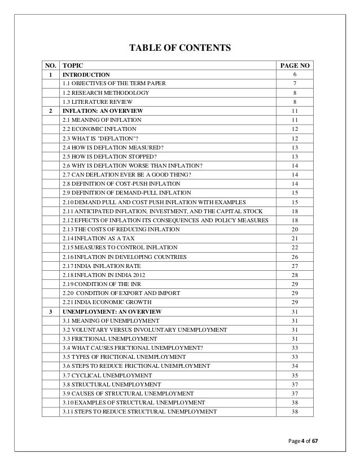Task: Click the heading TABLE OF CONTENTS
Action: coord(181,47)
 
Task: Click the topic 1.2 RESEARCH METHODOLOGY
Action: coord(106,93)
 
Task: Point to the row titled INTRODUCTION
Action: coord(86,74)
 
